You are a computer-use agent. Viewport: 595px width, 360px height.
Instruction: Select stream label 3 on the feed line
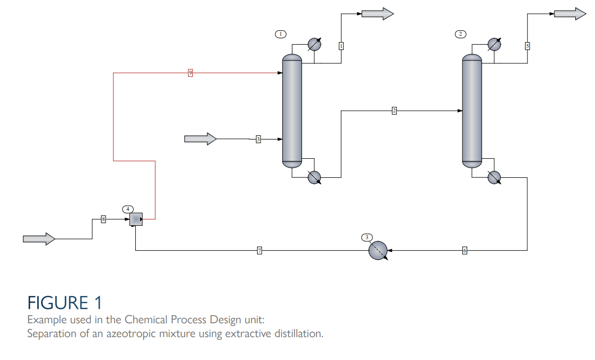258,139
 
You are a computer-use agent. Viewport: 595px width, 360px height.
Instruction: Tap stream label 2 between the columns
394,111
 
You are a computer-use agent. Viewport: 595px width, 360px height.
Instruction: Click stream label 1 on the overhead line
341,46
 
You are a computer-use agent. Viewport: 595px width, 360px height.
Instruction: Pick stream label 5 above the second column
527,46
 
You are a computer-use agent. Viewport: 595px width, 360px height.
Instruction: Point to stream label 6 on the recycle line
464,250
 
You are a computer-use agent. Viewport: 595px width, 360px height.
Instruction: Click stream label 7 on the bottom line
259,250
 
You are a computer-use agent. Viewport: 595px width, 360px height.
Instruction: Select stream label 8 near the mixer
103,219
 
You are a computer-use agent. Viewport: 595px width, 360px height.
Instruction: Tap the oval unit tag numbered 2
461,34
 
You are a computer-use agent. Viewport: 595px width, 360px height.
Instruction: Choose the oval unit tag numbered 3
366,236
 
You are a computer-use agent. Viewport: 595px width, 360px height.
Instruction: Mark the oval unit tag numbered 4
128,208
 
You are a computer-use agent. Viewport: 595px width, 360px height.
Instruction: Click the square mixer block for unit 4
136,219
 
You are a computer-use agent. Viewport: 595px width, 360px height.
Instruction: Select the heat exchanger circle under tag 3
378,250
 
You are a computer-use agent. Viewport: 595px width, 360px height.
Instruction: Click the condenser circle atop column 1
314,44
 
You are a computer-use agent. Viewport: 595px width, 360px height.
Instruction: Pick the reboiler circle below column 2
494,177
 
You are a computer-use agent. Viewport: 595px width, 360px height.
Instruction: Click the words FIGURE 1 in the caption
64,303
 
